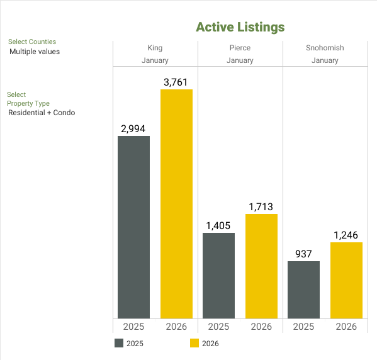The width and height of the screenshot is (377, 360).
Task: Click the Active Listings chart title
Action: (x=240, y=27)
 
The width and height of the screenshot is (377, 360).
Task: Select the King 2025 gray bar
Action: (x=133, y=227)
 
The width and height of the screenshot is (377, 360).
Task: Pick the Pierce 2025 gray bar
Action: (x=218, y=275)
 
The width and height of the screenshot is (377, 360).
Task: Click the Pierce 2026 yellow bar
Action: (x=261, y=266)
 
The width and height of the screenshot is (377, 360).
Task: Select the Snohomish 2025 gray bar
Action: (x=303, y=290)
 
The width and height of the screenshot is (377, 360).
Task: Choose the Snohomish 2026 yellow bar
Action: (x=346, y=280)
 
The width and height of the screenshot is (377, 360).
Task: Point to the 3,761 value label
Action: (x=176, y=82)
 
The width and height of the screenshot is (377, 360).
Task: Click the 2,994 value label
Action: (x=133, y=128)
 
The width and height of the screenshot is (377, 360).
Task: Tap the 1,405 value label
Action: (x=218, y=225)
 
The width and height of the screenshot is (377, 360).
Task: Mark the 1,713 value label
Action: (x=261, y=206)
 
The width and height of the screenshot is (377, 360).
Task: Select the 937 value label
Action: (x=303, y=254)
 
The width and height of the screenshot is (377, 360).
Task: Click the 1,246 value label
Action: (x=346, y=235)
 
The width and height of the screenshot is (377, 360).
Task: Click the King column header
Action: (x=155, y=48)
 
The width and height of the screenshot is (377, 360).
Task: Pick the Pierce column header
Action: (x=240, y=48)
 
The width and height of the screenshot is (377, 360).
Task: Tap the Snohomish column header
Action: (x=325, y=48)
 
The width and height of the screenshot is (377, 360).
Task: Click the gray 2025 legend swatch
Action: (x=119, y=343)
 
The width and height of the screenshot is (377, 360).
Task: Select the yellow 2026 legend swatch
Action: (x=194, y=343)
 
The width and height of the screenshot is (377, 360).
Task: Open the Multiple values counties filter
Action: (x=35, y=52)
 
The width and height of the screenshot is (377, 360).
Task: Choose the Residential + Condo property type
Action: (x=42, y=113)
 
